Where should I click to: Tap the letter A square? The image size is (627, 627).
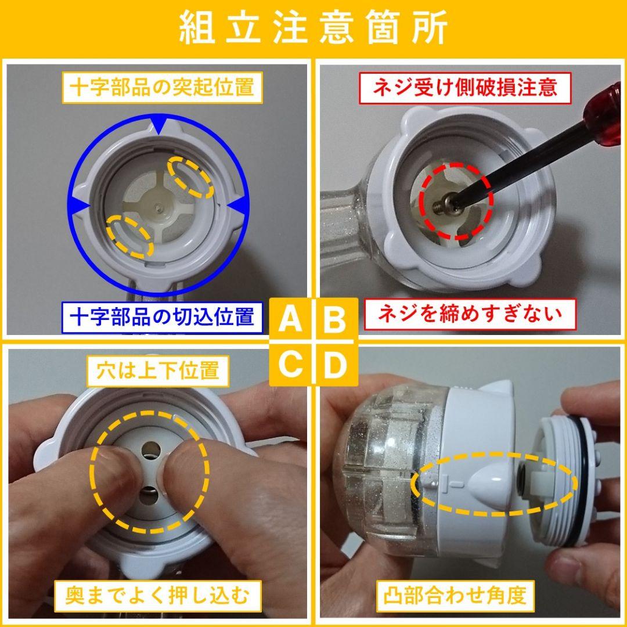[x=291, y=319]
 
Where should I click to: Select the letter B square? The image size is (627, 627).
[x=335, y=319]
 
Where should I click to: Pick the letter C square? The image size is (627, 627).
[x=291, y=365]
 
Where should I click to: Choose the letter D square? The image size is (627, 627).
[x=335, y=365]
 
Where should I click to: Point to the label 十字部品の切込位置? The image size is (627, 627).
[x=162, y=318]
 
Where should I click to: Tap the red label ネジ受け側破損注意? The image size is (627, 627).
[x=464, y=87]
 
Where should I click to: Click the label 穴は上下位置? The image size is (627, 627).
[x=158, y=370]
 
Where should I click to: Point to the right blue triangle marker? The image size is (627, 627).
[x=238, y=206]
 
